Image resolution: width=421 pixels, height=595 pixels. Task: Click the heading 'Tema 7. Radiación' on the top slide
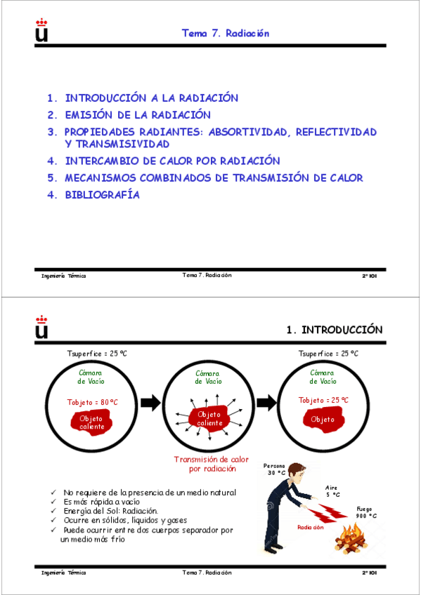click(226, 33)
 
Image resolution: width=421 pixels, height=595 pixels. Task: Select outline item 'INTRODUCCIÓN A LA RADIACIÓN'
click(151, 98)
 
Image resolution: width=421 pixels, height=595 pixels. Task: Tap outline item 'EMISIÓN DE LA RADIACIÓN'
click(137, 114)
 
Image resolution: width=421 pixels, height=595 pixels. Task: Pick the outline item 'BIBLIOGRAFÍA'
click(102, 195)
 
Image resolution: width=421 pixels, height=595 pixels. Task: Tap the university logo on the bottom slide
click(41, 327)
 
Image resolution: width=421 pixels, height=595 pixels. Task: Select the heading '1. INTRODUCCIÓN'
click(334, 330)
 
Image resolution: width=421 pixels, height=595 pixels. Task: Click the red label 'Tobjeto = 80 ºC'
click(92, 402)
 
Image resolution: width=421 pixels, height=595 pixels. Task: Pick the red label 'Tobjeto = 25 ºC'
click(323, 401)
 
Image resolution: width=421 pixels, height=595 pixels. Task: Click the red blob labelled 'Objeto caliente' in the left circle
click(91, 422)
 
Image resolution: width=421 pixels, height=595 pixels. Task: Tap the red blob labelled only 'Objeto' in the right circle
click(323, 420)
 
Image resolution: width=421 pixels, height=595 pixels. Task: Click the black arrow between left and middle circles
click(150, 403)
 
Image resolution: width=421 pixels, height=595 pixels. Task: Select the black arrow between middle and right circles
click(266, 403)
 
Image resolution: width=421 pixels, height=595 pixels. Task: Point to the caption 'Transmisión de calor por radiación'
click(211, 464)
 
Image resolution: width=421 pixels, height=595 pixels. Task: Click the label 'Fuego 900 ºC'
click(366, 512)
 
